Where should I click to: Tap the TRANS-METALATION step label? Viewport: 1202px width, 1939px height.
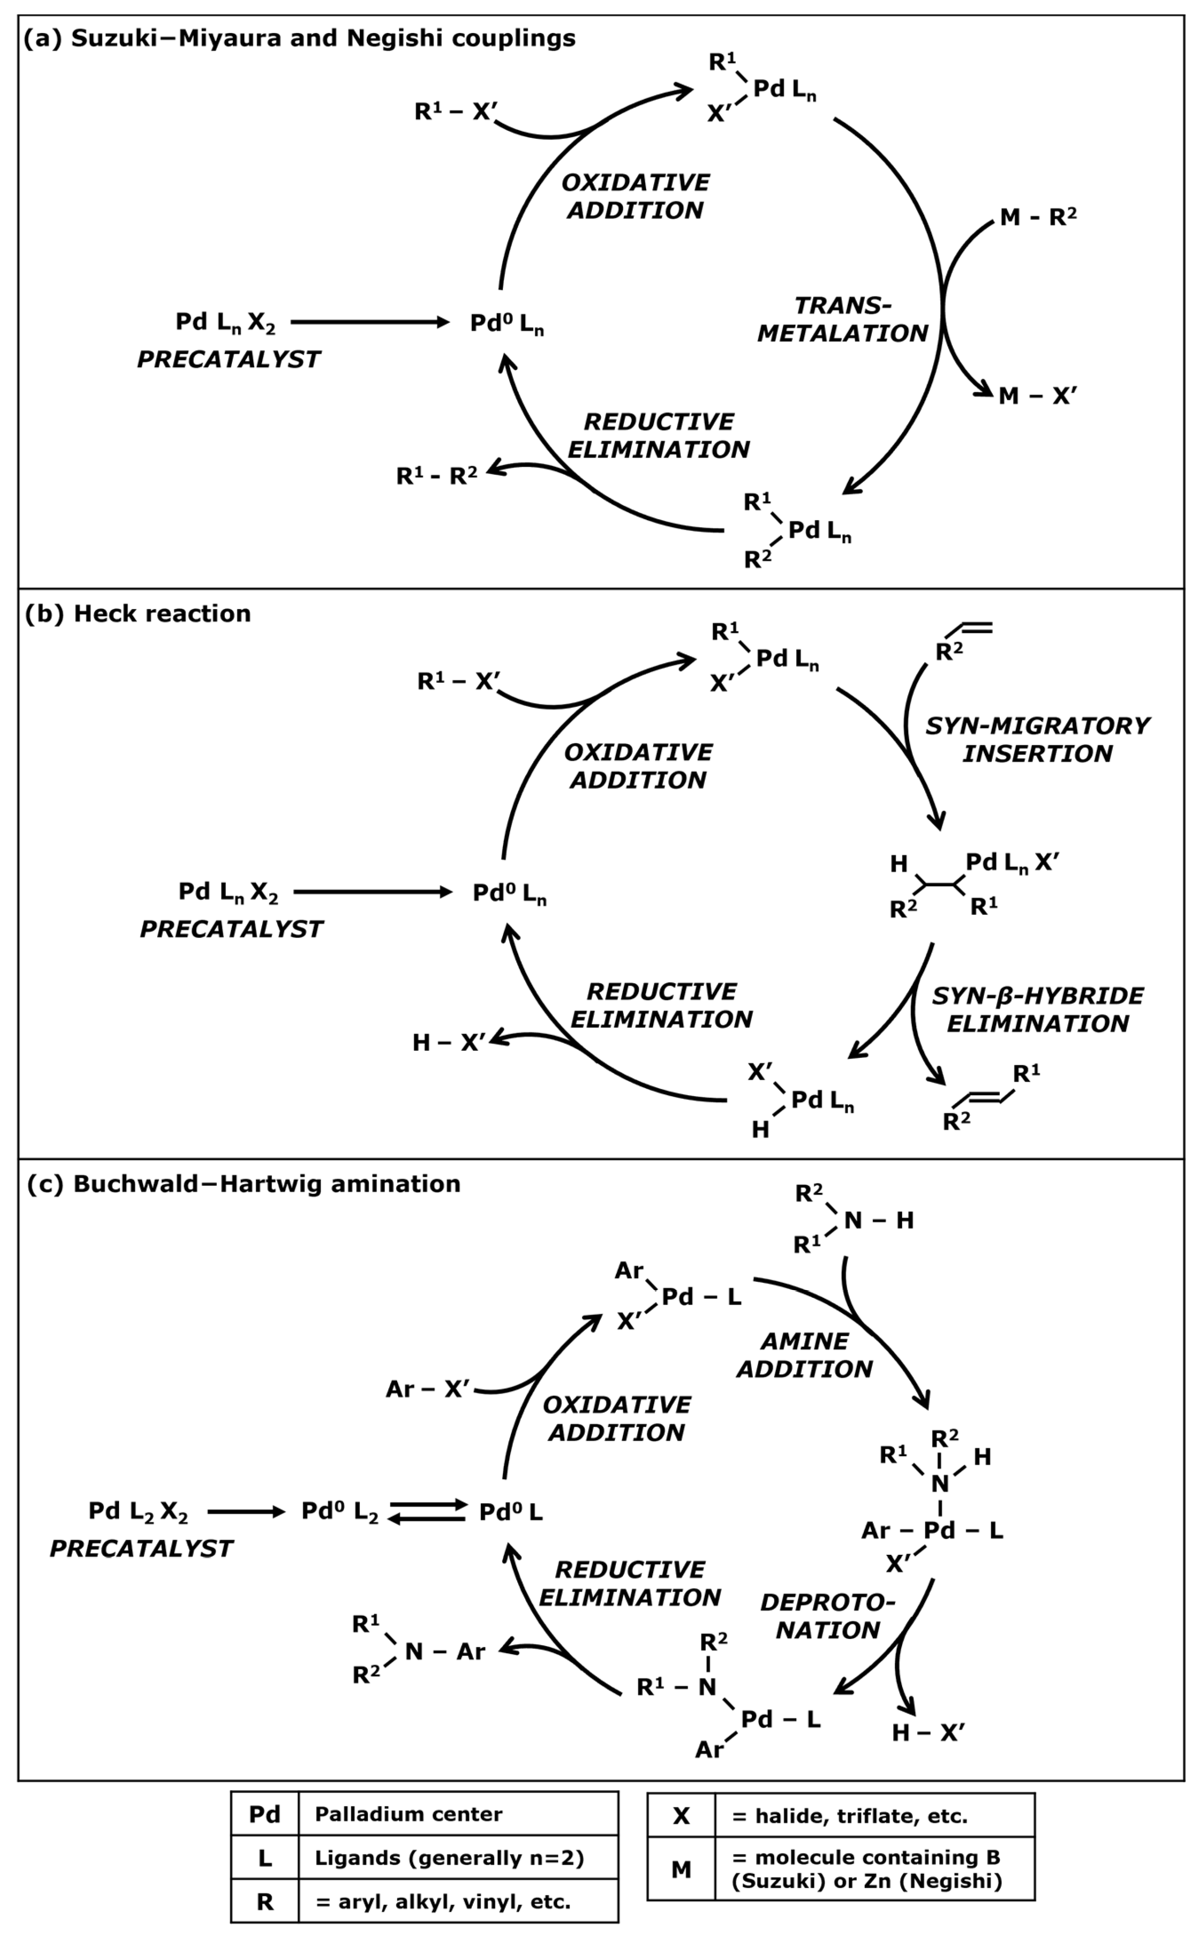[843, 319]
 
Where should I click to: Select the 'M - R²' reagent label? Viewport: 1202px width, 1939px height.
[1038, 217]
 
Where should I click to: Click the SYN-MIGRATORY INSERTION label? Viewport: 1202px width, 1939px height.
[1038, 739]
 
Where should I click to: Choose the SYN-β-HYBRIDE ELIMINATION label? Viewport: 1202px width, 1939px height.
[1038, 1010]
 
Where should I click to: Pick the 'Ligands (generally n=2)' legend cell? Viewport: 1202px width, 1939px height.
[449, 1858]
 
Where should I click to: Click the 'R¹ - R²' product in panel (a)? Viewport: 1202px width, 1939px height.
[437, 476]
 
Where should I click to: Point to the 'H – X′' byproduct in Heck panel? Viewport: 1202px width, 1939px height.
[448, 1042]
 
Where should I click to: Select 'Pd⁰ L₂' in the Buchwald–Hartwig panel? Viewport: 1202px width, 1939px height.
[340, 1511]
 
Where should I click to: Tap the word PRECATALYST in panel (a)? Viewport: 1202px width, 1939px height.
[229, 360]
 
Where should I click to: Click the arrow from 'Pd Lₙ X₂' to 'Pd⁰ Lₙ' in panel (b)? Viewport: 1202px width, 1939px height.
[372, 892]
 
